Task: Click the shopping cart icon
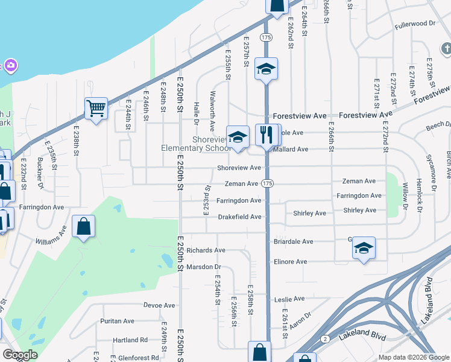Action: point(96,108)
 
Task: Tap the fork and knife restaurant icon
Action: point(265,134)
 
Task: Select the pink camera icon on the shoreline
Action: point(10,65)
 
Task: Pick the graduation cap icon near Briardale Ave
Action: point(363,247)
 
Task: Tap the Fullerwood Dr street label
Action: point(415,24)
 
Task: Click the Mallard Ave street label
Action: point(292,149)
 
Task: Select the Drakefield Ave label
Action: point(239,217)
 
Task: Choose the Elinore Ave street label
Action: point(291,262)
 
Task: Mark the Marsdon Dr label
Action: point(204,267)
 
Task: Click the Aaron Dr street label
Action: point(300,319)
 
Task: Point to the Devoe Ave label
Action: point(159,305)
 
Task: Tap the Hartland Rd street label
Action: point(130,340)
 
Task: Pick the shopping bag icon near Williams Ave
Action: point(83,227)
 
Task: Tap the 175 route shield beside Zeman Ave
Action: point(268,183)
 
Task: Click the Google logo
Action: point(19,355)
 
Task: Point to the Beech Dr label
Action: point(435,125)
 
